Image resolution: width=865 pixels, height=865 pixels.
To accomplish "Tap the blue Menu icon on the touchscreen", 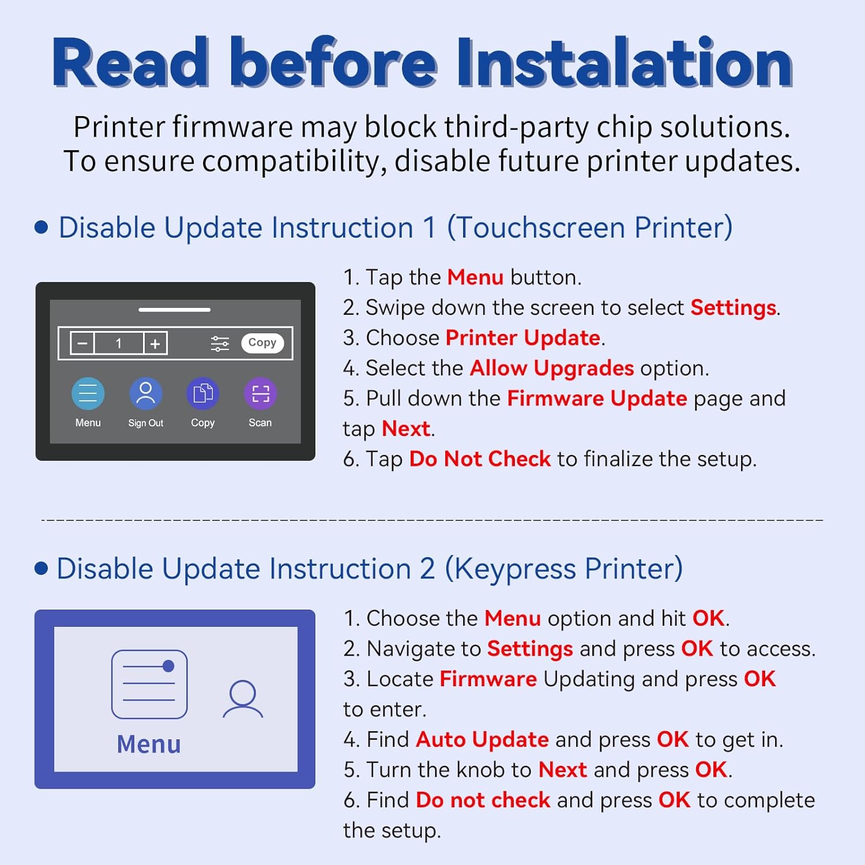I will (88, 393).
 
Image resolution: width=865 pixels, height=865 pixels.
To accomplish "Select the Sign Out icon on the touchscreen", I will (145, 393).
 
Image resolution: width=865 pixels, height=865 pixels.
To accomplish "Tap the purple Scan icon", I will (260, 393).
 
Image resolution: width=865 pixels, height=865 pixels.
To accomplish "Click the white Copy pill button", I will (262, 343).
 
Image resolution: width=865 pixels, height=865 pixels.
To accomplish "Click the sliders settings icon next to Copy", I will (220, 343).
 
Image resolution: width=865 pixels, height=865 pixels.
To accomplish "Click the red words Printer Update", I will (523, 337).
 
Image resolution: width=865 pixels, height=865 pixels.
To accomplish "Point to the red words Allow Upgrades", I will (552, 368).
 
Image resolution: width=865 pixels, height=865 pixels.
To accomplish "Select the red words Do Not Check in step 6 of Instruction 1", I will (480, 459).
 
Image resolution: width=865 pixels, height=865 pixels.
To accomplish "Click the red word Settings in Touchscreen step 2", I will (733, 307).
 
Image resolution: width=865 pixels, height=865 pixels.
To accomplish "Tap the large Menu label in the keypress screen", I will (149, 744).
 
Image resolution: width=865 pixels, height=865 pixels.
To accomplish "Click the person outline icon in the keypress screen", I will (243, 699).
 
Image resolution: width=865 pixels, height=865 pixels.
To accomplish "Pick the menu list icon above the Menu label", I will (149, 684).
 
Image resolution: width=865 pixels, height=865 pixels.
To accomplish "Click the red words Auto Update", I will (482, 739).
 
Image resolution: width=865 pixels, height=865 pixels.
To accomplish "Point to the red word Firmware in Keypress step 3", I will (488, 679).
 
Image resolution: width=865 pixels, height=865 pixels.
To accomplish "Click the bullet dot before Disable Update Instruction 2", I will (41, 569).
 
